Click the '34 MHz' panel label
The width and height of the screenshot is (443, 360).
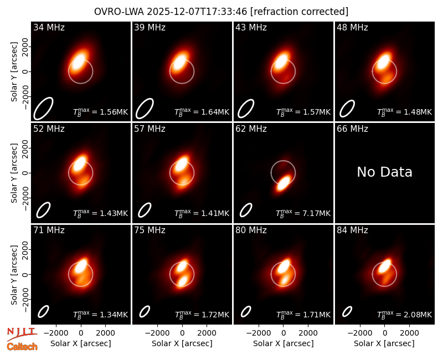click(x=49, y=27)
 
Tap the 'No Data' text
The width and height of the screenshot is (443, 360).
click(x=384, y=172)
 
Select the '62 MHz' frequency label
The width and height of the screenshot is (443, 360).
click(x=251, y=129)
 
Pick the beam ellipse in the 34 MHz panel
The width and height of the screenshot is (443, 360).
click(x=43, y=109)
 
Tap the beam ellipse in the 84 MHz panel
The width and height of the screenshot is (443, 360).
click(x=347, y=312)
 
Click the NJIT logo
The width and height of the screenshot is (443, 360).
click(x=22, y=334)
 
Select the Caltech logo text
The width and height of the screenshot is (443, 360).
click(x=22, y=347)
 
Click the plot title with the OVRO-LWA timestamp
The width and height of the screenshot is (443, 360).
click(x=221, y=12)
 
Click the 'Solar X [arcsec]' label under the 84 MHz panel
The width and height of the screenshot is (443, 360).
click(x=384, y=343)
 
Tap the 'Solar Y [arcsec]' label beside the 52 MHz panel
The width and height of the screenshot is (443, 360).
click(x=14, y=173)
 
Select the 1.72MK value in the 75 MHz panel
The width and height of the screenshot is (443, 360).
click(x=215, y=315)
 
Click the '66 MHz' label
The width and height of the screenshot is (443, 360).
click(x=352, y=129)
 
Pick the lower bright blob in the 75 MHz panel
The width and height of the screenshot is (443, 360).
click(x=183, y=281)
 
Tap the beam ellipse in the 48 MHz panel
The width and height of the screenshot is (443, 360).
click(x=347, y=109)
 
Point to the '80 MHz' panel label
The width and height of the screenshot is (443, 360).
click(x=251, y=230)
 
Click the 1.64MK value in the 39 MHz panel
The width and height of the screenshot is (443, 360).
click(x=215, y=112)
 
